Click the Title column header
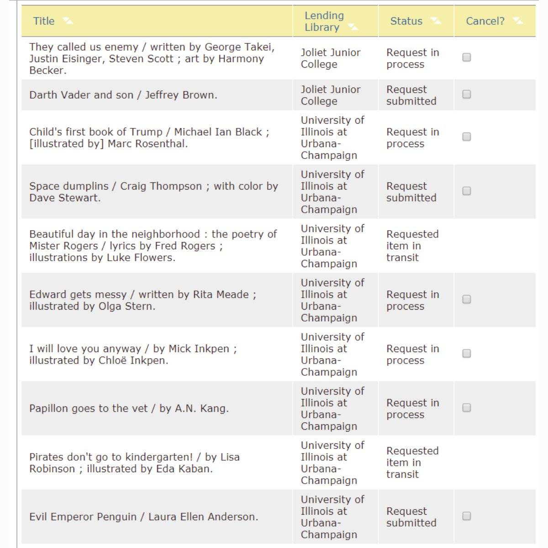pos(44,21)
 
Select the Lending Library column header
pos(324,21)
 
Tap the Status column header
pos(406,21)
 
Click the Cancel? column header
pos(485,21)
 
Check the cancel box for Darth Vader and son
pos(466,94)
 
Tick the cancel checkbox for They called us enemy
pos(466,57)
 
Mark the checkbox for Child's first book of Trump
pos(466,137)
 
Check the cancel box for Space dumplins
pos(466,191)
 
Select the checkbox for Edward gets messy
pos(466,299)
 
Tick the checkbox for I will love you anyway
pos(466,353)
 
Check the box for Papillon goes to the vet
pos(466,407)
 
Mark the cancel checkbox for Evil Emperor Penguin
pos(466,516)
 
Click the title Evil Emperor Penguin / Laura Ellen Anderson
pos(143,517)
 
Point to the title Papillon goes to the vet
pos(129,408)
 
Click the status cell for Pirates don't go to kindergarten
pos(412,463)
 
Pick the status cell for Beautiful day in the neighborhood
pos(412,246)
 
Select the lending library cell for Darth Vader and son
pos(330,95)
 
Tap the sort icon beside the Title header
pos(68,21)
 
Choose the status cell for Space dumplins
pos(411,192)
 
